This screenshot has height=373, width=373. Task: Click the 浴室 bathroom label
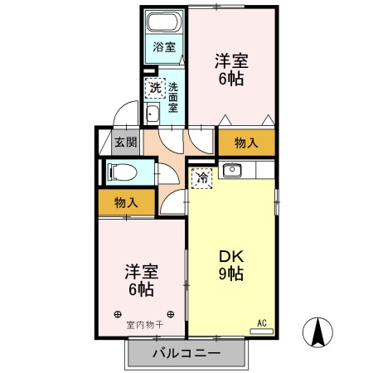(164, 47)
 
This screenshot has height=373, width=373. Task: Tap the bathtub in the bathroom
(164, 22)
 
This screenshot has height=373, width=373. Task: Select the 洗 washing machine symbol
(154, 86)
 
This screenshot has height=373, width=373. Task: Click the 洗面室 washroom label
(173, 96)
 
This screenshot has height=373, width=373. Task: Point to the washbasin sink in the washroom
(153, 114)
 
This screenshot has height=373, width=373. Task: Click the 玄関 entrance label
(124, 143)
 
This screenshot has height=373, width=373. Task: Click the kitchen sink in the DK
(231, 172)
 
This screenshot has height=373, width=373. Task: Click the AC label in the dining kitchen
(262, 322)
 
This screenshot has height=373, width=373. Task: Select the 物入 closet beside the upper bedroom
(246, 142)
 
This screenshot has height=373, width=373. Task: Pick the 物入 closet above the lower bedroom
(125, 202)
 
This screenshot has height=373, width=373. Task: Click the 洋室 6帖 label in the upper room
(232, 70)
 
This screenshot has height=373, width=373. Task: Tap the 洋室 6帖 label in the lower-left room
(140, 280)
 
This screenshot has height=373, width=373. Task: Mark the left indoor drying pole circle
(118, 314)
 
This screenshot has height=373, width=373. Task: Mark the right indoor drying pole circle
(171, 314)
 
